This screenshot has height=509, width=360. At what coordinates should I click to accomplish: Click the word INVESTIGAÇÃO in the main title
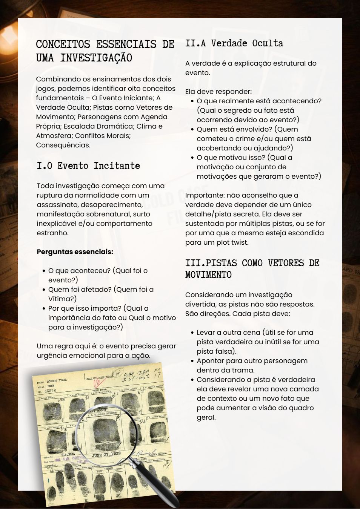tap(96, 58)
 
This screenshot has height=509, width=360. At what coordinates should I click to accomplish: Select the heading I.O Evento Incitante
tap(88, 166)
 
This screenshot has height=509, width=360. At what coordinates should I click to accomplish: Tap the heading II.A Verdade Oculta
tap(234, 43)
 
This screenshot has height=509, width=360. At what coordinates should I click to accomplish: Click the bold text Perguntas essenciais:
tap(75, 252)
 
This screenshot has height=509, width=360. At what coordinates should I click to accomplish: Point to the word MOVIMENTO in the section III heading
tap(208, 274)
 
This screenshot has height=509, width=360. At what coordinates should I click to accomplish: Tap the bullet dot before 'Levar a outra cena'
tap(192, 333)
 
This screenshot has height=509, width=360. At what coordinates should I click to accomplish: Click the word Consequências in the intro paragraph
tap(63, 145)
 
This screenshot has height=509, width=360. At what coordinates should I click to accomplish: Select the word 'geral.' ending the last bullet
tap(206, 417)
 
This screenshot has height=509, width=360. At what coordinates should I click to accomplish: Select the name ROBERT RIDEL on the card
tap(57, 380)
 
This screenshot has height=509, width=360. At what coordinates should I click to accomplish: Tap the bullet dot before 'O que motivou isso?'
tap(192, 158)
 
